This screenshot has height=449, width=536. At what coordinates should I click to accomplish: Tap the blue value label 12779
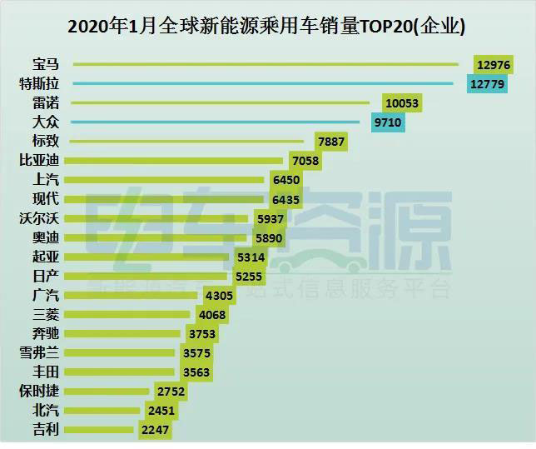coord(487,83)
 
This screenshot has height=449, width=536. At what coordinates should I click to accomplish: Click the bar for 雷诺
coord(221,102)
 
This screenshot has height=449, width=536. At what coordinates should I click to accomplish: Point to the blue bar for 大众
coord(216,122)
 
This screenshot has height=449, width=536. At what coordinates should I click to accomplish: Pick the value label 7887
coord(331,142)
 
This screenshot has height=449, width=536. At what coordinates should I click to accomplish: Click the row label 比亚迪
coord(40,160)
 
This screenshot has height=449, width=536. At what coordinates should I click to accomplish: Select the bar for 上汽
coord(166,179)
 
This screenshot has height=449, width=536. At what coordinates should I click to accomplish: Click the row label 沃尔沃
coord(40,218)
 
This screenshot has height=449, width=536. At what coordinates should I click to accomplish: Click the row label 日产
coord(45,276)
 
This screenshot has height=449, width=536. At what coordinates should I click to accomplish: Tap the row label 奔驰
coord(45,334)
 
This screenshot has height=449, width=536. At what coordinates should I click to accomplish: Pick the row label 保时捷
coord(40,392)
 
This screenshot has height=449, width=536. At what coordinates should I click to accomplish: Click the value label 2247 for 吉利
coord(155,431)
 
